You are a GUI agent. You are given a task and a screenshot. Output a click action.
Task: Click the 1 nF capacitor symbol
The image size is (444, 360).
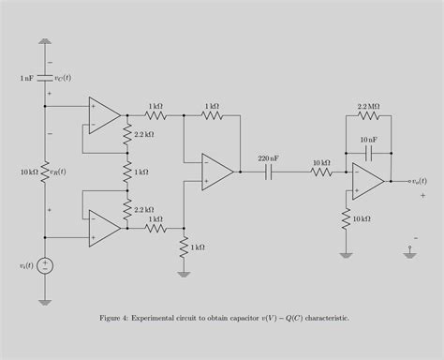pyautogui.click(x=45, y=78)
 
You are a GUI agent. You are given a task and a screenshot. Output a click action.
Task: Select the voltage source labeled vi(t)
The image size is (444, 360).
pyautogui.click(x=45, y=265)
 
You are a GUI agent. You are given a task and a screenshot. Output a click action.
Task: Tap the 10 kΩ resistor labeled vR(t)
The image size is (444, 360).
pyautogui.click(x=45, y=172)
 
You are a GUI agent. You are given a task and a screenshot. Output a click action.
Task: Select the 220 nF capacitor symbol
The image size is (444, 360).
pyautogui.click(x=270, y=172)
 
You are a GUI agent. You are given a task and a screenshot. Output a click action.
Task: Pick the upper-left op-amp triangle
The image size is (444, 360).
pyautogui.click(x=104, y=115)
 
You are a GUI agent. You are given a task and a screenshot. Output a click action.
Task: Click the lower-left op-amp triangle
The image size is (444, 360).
pyautogui.click(x=104, y=228)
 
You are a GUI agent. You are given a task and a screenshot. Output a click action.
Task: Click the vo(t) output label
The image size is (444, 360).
pyautogui.click(x=419, y=181)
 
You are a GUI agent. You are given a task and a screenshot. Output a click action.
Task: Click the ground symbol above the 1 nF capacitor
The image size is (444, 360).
pyautogui.click(x=45, y=42)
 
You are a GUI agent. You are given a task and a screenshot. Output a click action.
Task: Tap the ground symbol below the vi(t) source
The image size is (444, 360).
pyautogui.click(x=45, y=300)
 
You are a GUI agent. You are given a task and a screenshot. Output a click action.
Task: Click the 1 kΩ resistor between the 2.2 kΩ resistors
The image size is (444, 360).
pyautogui.click(x=126, y=172)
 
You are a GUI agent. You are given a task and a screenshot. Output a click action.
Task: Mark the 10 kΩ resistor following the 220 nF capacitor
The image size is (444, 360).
pyautogui.click(x=320, y=172)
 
